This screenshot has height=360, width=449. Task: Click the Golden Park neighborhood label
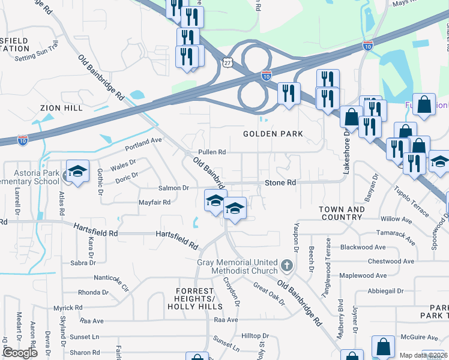point(273,133)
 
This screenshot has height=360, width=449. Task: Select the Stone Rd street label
point(280,182)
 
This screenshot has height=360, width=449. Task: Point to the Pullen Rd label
point(212,152)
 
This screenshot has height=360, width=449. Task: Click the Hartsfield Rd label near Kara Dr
point(95,229)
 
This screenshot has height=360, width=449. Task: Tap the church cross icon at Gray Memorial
point(287,265)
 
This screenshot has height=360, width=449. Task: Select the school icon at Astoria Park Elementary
point(77,172)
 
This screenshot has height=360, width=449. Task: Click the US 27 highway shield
point(226,62)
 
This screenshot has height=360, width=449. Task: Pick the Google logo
point(20,352)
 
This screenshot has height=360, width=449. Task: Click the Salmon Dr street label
point(173,188)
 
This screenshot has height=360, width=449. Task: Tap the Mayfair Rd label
point(155,202)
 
